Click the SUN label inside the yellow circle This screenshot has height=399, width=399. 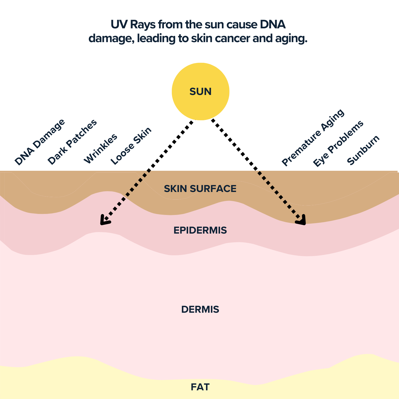tap(200, 92)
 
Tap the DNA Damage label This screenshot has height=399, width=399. tap(40, 142)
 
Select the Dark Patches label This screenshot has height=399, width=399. tap(72, 142)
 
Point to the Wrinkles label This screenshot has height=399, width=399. tap(101, 149)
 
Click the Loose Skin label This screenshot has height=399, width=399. tap(131, 146)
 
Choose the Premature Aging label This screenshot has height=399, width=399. tap(313, 138)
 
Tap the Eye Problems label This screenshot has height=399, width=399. tap(338, 143)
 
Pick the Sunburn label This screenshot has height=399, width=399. tap(364, 150)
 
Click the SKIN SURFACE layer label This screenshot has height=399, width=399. tap(200, 189)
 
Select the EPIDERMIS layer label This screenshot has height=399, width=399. tap(200, 230)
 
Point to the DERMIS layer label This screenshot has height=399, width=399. tap(200, 309)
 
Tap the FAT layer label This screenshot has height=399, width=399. tap(200, 387)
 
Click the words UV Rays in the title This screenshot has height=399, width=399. tap(133, 25)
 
